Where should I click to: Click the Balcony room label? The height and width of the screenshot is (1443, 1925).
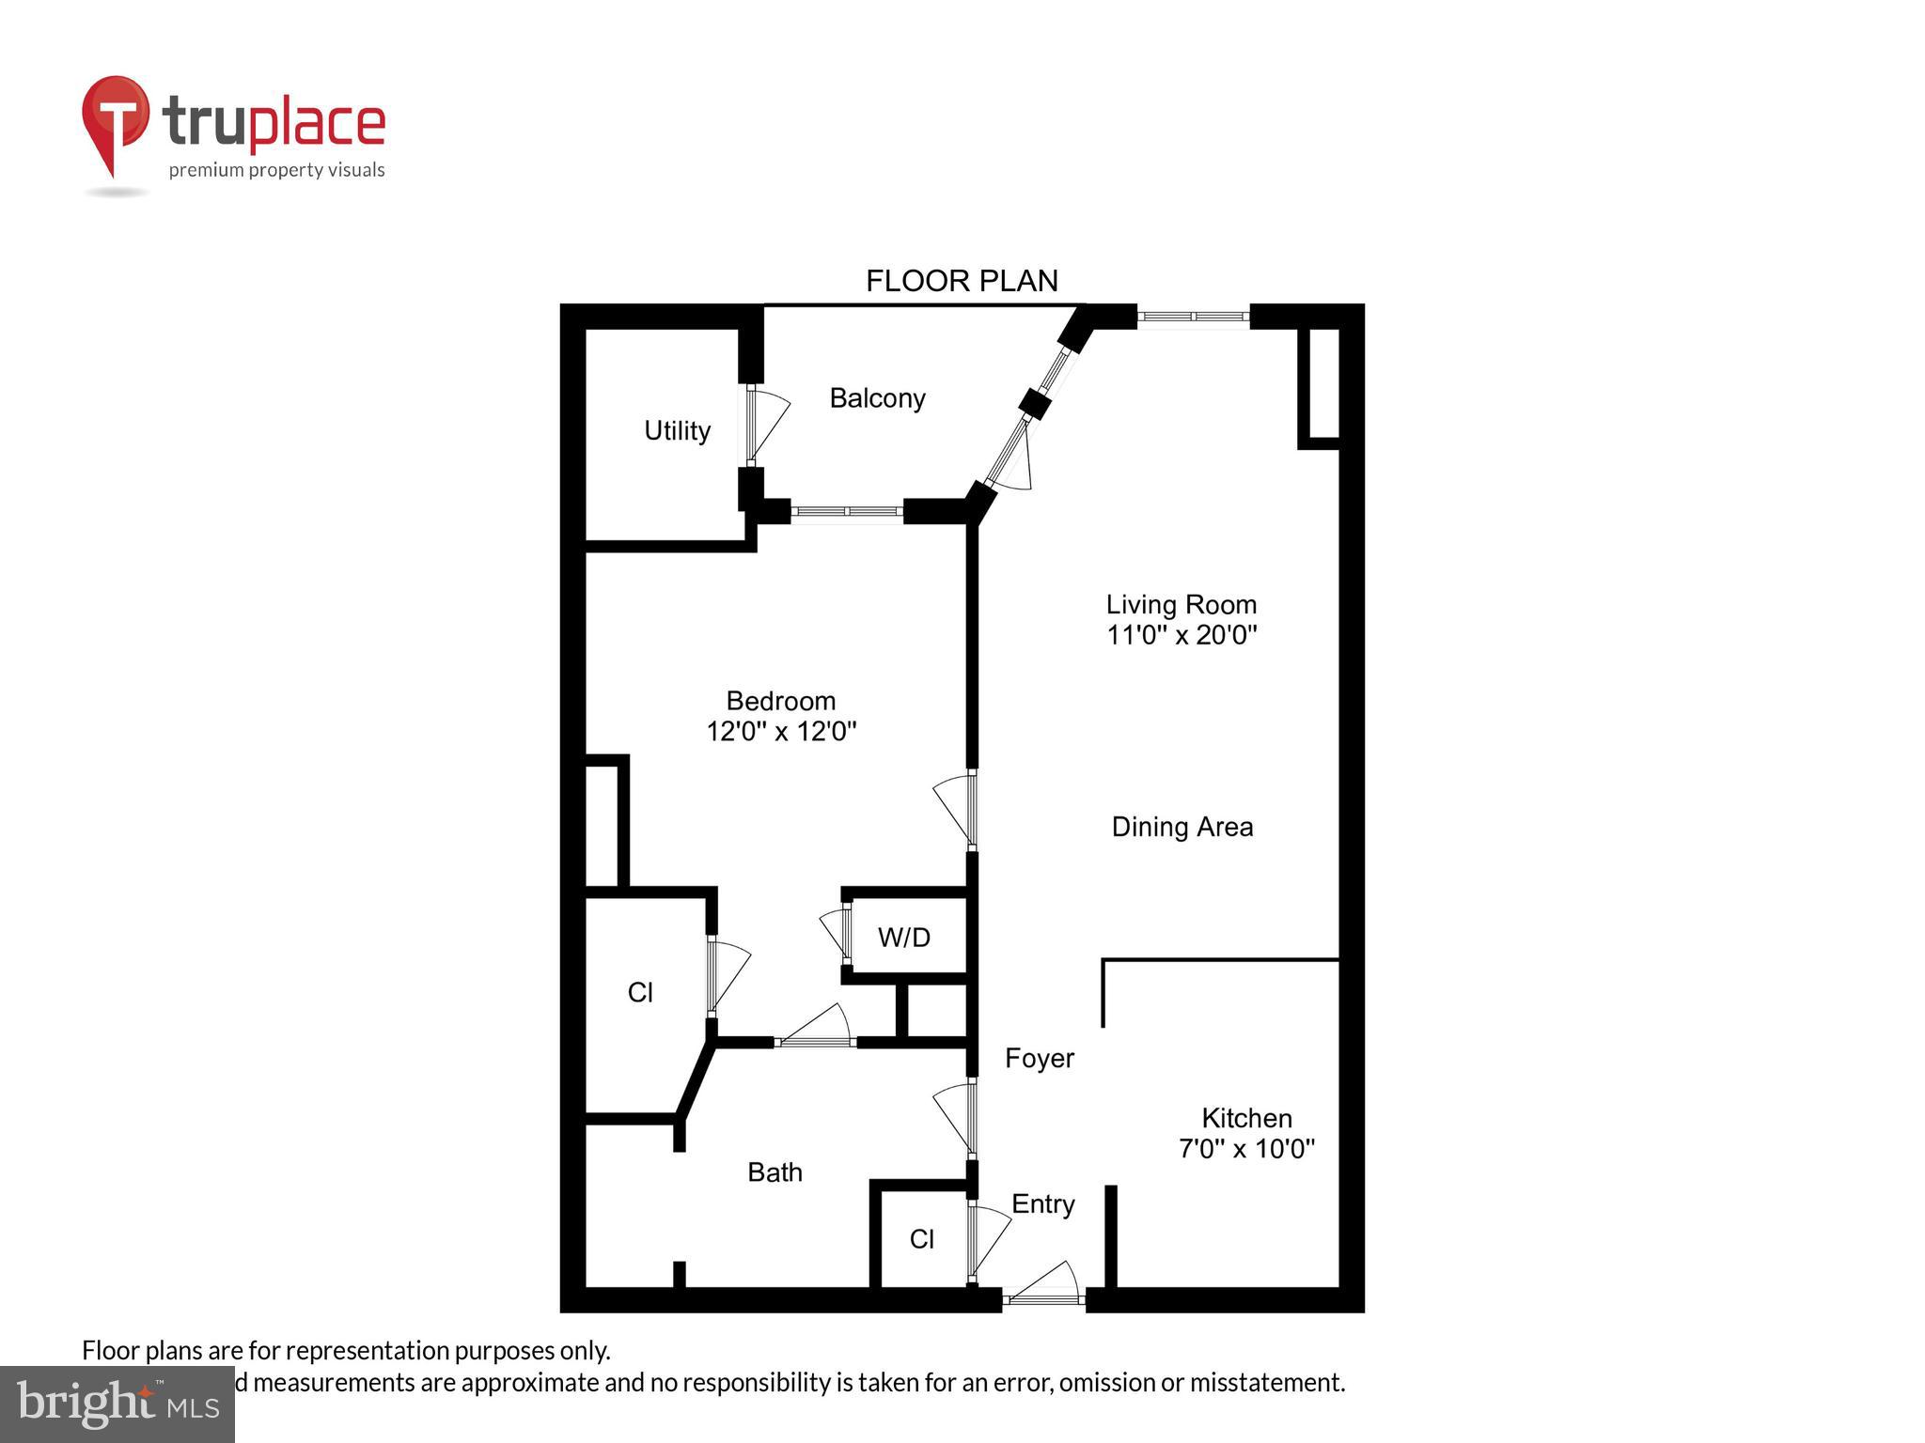[x=877, y=398]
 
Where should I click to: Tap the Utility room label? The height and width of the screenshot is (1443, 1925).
[x=677, y=430]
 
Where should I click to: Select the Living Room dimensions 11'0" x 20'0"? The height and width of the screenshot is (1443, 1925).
[x=1182, y=635]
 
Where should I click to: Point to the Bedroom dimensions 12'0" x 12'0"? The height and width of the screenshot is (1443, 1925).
[x=781, y=731]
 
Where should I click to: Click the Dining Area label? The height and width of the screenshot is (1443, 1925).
[x=1182, y=827]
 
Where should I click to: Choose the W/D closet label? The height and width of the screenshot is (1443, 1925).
[x=904, y=937]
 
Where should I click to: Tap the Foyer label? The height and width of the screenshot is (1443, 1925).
[x=1039, y=1058]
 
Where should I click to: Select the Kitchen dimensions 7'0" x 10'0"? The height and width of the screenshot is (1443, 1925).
[x=1246, y=1148]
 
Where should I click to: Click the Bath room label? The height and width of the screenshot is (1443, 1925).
[x=775, y=1171]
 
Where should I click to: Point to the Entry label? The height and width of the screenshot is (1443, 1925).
[x=1042, y=1203]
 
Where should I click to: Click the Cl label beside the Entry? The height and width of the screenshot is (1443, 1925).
[x=921, y=1239]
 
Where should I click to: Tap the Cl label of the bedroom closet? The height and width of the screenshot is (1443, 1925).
[x=640, y=992]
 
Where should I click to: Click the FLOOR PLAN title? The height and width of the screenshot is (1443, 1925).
[x=962, y=280]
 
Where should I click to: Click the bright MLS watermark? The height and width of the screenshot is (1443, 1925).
[x=117, y=1404]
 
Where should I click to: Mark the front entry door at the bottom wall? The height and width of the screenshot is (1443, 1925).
[x=1042, y=1298]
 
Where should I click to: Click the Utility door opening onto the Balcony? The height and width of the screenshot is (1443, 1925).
[x=753, y=426]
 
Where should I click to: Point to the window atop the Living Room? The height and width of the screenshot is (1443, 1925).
[x=1193, y=317]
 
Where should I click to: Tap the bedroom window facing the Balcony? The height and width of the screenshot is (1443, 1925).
[x=846, y=511]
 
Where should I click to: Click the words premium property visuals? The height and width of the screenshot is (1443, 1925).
[x=276, y=170]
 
